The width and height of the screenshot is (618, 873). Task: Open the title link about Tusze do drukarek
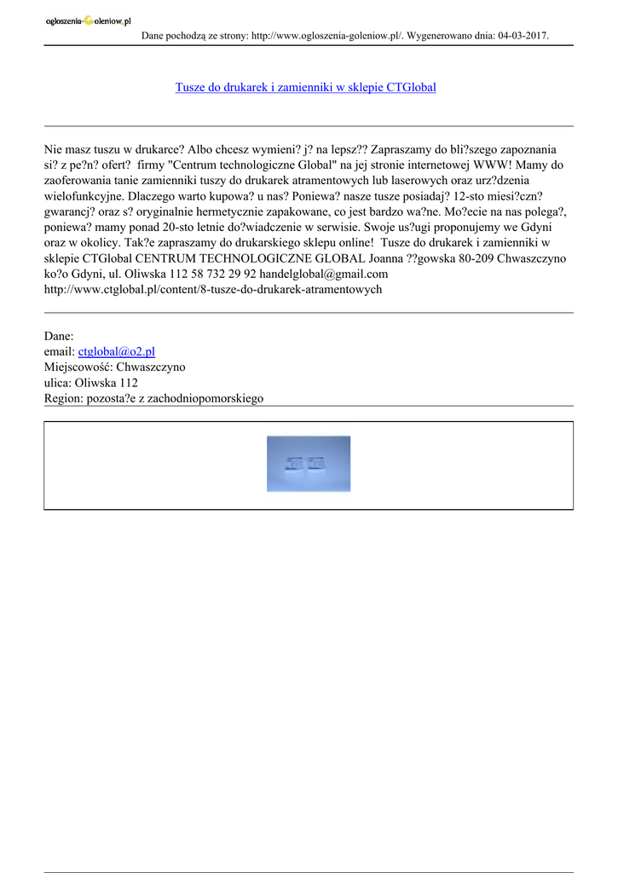pyautogui.click(x=305, y=87)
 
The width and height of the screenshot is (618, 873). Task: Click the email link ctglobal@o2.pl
pyautogui.click(x=116, y=351)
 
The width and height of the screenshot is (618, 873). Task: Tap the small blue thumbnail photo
pyautogui.click(x=308, y=464)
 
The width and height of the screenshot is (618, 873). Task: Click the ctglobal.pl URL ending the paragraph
pyautogui.click(x=212, y=289)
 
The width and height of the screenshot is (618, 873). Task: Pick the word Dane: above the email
pyautogui.click(x=59, y=336)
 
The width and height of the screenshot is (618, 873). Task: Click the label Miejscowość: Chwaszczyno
pyautogui.click(x=114, y=367)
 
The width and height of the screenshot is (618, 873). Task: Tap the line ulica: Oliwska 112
pyautogui.click(x=90, y=383)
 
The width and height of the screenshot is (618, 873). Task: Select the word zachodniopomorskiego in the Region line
pyautogui.click(x=206, y=398)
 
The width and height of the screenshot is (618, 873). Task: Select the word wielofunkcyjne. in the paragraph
pyautogui.click(x=85, y=196)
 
